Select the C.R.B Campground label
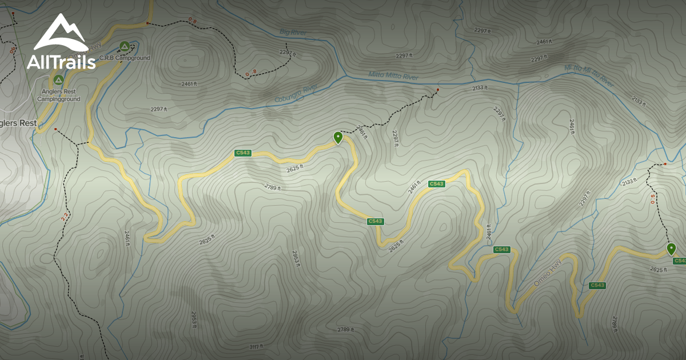click(x=125, y=58)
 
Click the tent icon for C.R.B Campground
click(x=124, y=46)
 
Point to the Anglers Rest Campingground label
click(x=58, y=95)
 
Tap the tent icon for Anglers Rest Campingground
click(x=58, y=79)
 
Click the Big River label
click(x=293, y=33)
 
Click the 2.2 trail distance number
click(x=63, y=217)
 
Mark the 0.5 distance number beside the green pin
click(x=653, y=198)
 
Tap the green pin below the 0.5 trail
click(x=671, y=249)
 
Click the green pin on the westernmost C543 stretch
click(x=338, y=137)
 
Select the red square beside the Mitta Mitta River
click(x=438, y=90)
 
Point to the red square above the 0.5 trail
click(x=665, y=164)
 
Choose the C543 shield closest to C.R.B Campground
click(x=243, y=153)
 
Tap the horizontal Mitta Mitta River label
click(x=393, y=77)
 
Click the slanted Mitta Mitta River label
click(x=589, y=76)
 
